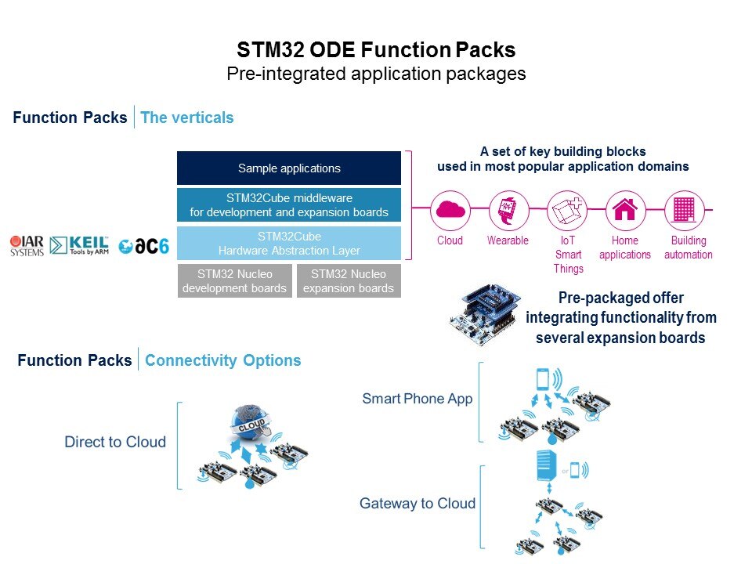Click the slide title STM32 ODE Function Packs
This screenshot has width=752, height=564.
[x=376, y=50]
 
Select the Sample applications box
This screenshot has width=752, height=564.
[x=289, y=168]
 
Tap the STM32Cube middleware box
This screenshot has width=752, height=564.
[x=289, y=205]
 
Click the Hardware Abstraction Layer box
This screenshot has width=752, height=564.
[x=289, y=243]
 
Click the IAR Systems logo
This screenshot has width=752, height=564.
[x=27, y=245]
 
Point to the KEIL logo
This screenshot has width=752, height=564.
[x=79, y=245]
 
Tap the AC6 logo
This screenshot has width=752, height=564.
[x=144, y=245]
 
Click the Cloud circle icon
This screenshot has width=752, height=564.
[x=450, y=210]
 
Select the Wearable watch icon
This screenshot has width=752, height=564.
[x=508, y=210]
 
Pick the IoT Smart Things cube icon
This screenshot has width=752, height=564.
[x=568, y=210]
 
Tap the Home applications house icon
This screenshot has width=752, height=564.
[x=625, y=210]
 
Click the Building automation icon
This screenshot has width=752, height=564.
[x=685, y=210]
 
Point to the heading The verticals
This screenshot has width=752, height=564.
[x=186, y=117]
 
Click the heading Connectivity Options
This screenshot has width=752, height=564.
[x=222, y=360]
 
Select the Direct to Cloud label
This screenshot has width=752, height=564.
[x=115, y=442]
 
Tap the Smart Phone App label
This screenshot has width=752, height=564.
[x=417, y=399]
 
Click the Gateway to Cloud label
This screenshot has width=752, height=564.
[x=417, y=503]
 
